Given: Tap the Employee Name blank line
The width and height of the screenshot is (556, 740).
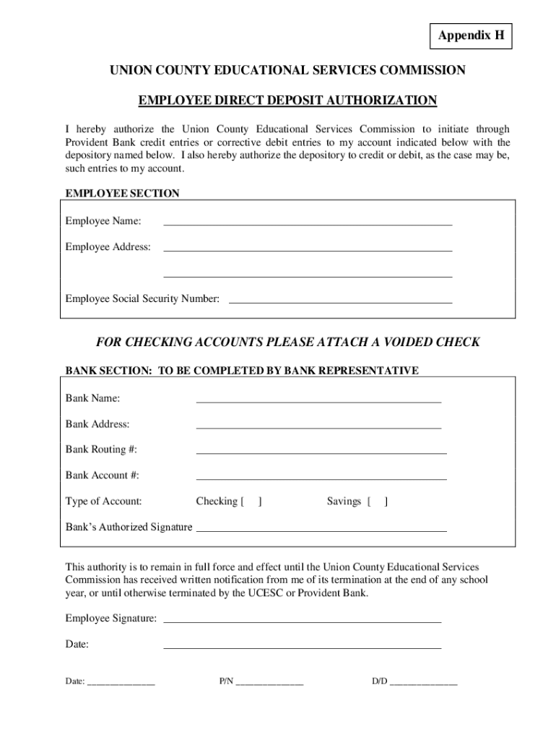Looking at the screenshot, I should point(308,223).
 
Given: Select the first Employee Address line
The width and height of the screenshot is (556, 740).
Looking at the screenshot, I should point(308,249).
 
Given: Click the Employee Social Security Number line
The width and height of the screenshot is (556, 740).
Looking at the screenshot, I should point(339,301).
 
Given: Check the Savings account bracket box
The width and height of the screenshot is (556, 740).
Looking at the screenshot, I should point(377,501).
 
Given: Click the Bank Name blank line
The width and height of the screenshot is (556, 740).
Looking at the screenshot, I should point(318,400).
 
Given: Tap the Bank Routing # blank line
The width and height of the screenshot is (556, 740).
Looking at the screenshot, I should point(321,452).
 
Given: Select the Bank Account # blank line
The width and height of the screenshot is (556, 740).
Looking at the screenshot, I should point(321,478).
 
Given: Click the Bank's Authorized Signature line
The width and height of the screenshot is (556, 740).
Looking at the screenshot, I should point(321,530).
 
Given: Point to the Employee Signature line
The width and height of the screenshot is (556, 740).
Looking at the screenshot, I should point(303,621).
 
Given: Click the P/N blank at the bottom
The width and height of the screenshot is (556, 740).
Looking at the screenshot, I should point(269,683).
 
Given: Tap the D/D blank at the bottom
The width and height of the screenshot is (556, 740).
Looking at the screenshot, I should point(423,683).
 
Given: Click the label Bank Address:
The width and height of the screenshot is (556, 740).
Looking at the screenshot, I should point(97,424).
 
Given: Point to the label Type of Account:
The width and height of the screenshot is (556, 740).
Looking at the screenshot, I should point(103,501).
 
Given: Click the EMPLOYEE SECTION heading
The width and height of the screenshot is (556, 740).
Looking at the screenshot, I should point(122,194).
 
